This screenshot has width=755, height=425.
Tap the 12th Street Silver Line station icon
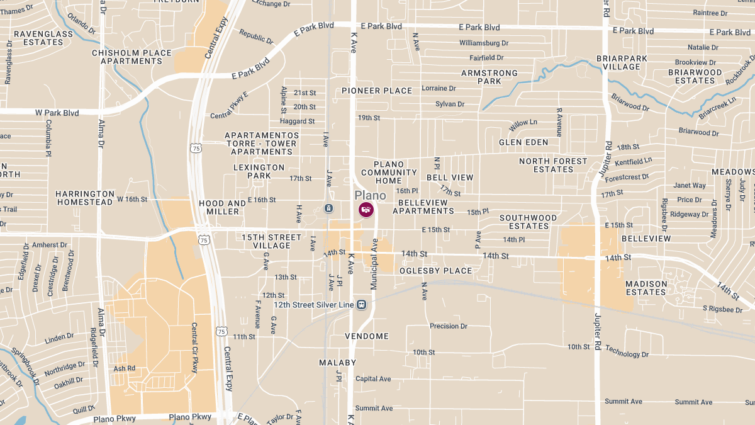[361, 305]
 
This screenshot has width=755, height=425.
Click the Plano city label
[370, 195]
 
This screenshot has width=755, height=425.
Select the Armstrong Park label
[489, 77]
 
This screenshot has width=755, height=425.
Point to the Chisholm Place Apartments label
[131, 57]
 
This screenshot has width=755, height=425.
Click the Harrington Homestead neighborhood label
[86, 198]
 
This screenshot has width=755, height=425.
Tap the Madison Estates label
[646, 288]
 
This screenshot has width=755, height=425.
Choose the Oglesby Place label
[435, 271]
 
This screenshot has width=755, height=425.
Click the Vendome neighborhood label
[367, 336]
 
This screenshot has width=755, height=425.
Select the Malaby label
[337, 363]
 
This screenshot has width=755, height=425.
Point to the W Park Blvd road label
[57, 113]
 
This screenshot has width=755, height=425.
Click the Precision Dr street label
[449, 326]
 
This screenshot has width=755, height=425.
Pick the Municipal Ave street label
[374, 264]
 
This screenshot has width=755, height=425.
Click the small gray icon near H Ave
[328, 208]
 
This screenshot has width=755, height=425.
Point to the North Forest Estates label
[553, 165]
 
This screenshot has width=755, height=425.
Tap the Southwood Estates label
[528, 222]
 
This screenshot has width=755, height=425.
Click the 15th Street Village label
[272, 241]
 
